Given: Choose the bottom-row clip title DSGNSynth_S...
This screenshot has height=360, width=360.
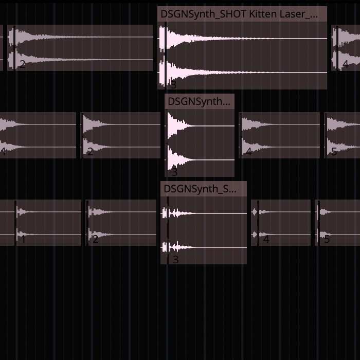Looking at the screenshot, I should point(200,189).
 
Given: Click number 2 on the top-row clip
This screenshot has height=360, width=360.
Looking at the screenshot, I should point(22,64).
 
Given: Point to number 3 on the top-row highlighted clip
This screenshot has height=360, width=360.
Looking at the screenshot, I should point(173,84).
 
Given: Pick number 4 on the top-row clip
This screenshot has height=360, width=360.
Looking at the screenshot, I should point(345,64).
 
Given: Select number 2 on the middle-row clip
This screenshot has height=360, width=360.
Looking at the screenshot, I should point(90,152).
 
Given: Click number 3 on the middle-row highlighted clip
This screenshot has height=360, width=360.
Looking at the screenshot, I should point(174,172).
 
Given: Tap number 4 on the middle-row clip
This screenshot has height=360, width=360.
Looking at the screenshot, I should point(249,152).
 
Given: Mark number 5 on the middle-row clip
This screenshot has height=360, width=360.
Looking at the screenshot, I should point(334,152).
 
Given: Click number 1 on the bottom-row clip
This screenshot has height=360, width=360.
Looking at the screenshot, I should point(23,239).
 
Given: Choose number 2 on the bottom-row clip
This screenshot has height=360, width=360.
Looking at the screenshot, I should point(95,239).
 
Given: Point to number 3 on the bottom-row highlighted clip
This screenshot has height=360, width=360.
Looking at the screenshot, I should point(175,259).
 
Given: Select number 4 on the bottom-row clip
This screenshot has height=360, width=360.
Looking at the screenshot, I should point(266,239).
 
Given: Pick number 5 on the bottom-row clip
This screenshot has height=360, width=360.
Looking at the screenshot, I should point(327,239).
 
